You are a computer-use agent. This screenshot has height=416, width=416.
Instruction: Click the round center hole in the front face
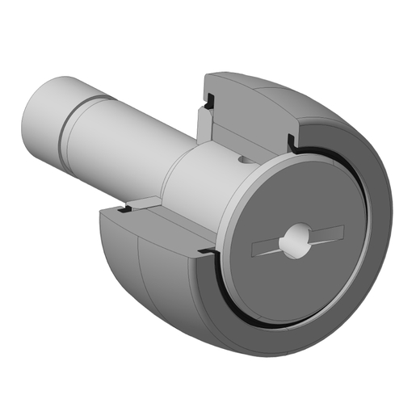click(x=293, y=240)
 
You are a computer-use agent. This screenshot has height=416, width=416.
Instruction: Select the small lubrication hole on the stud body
click(x=243, y=162)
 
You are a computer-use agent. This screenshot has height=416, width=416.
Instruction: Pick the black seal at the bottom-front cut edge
click(x=206, y=253)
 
